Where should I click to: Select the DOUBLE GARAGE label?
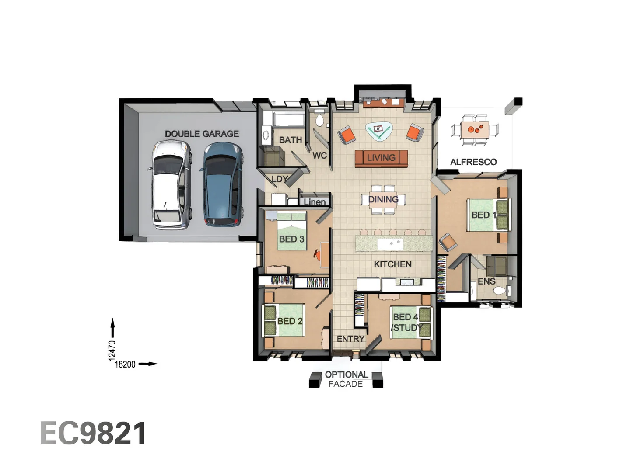point(202,134)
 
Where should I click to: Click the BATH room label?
point(290,140)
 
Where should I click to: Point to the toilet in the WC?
point(319,119)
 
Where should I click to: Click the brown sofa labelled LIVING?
point(381,158)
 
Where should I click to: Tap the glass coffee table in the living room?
point(379,130)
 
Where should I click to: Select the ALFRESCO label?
point(473,162)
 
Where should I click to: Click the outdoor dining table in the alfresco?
point(475,129)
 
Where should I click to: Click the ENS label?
point(486,281)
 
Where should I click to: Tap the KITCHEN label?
point(392,264)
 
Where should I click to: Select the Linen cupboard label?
point(315,202)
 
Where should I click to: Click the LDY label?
point(279,179)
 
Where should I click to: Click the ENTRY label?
point(350,339)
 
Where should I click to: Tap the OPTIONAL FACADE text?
point(346,379)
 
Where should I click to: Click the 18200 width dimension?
point(125,364)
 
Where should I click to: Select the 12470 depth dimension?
point(112,351)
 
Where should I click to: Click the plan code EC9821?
point(93,434)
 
